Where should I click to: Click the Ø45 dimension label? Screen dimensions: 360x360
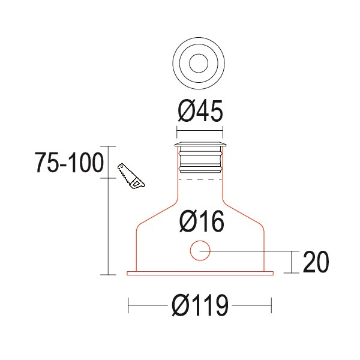click(200, 111)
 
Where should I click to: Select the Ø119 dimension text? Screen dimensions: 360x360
click(200, 307)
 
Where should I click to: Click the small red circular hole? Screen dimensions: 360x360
click(200, 250)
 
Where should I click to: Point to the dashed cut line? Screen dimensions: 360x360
click(200, 179)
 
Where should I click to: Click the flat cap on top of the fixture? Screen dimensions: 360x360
click(200, 145)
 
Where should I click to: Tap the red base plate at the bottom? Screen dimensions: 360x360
click(200, 274)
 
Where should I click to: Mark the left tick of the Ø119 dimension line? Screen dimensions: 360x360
click(129, 307)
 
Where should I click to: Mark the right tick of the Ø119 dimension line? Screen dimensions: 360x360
click(271, 307)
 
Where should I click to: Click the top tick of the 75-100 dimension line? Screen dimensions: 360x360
click(107, 146)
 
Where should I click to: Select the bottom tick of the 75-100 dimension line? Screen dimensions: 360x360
click(107, 275)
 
